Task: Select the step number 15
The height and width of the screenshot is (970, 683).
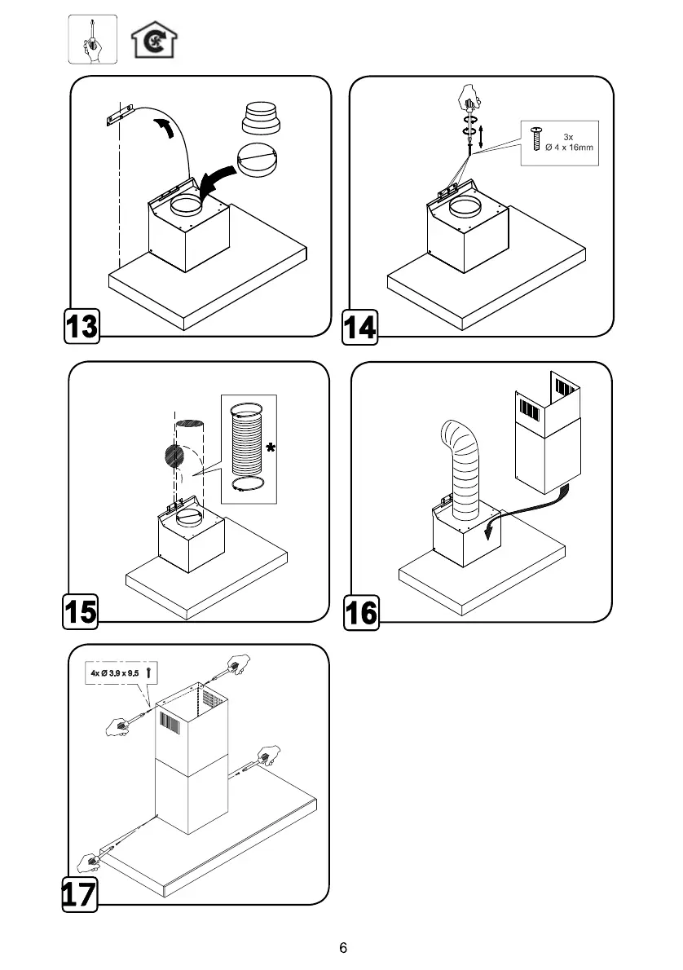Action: click(82, 612)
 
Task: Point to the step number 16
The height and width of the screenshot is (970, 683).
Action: click(361, 612)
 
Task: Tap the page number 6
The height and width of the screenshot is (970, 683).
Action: click(343, 948)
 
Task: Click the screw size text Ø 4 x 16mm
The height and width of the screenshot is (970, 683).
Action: click(570, 147)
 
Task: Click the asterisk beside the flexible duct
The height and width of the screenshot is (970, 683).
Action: click(270, 448)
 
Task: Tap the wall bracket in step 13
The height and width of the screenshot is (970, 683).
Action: click(119, 115)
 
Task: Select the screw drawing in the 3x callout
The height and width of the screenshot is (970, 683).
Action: click(536, 139)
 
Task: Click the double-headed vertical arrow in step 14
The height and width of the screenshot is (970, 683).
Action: click(483, 136)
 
